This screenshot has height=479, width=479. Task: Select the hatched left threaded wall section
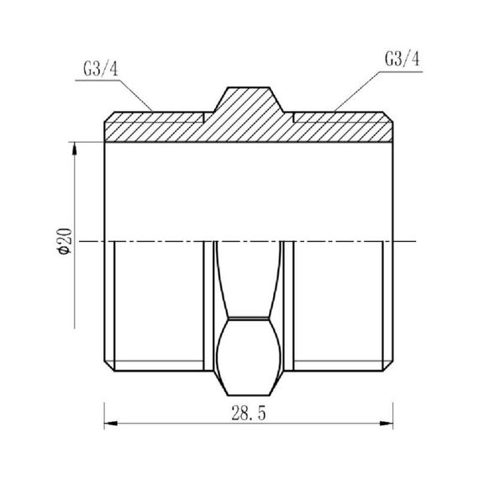tap(155, 127)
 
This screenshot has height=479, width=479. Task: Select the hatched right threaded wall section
tap(345, 127)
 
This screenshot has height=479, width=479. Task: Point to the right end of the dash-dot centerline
tap(416, 242)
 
